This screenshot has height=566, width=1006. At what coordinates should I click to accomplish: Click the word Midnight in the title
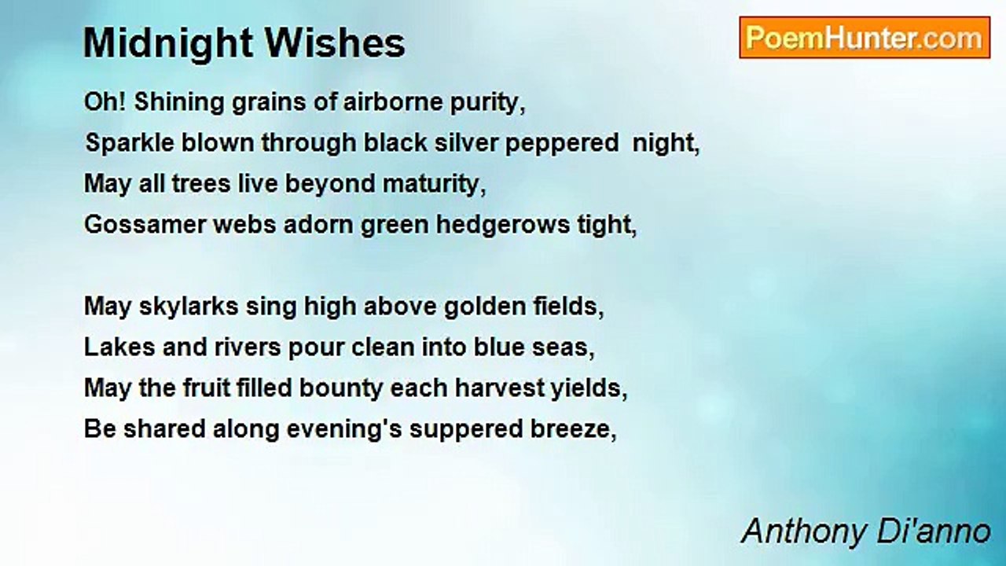coord(168,44)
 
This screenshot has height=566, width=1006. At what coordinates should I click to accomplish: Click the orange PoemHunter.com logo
coord(865,38)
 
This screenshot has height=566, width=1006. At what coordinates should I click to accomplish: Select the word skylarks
coord(189,307)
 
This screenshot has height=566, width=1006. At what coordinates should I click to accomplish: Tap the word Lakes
coord(119,347)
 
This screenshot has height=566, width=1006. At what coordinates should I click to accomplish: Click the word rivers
coord(248,347)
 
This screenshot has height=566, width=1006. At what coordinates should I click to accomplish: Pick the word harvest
coord(499,388)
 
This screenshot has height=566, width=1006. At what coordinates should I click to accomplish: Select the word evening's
coord(344,430)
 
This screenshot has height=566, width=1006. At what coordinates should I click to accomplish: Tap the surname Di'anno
coord(934,531)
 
